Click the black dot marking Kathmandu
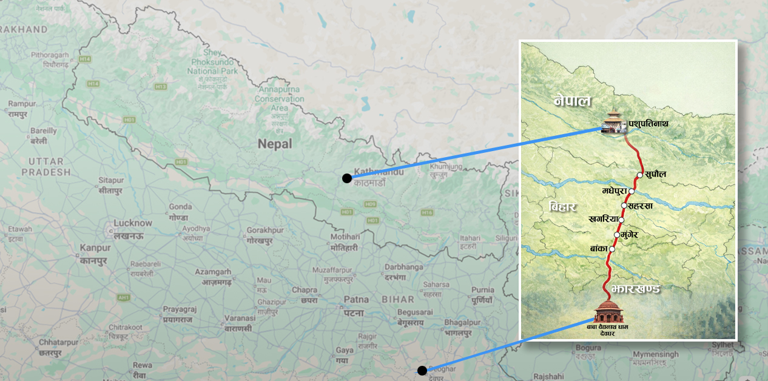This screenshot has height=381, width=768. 346,178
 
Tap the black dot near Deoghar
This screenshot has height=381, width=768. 422,370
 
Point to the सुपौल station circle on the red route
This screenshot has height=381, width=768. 640,175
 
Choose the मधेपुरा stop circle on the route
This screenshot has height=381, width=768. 632,191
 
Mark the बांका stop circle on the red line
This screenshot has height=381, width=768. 611,249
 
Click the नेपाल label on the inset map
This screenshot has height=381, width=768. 572,101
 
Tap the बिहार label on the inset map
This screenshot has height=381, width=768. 562,206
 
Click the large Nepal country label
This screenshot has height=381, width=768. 274,144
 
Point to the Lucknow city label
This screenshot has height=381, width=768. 133,223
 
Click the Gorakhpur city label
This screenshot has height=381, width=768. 265,231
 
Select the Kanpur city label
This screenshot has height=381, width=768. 95,248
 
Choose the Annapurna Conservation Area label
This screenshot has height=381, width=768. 279,99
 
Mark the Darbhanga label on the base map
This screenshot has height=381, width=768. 403,267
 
